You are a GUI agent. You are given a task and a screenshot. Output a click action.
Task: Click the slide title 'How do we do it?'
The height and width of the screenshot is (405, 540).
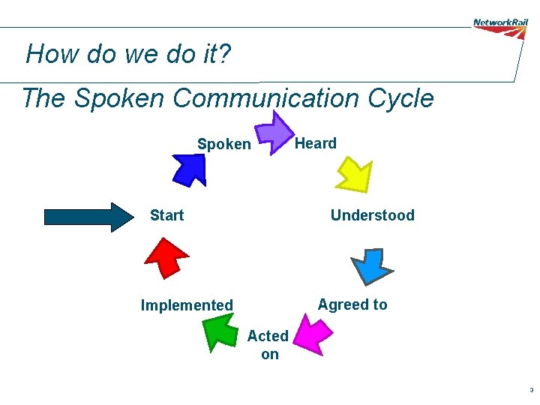point(129,54)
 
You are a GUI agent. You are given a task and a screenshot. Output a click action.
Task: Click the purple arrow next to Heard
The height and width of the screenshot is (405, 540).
point(277,134)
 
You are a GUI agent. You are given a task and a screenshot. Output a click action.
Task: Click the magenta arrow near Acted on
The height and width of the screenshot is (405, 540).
point(312,334)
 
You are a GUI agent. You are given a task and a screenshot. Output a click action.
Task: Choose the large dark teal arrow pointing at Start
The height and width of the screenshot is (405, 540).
point(88,217)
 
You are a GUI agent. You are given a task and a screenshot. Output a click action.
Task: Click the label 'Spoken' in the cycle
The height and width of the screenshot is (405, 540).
point(223,144)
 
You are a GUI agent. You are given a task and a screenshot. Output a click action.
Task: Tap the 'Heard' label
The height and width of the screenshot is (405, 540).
point(315,143)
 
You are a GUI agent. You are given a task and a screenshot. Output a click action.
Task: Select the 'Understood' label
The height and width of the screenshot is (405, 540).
point(372,215)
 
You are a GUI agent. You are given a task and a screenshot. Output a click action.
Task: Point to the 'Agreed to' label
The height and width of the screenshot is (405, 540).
point(352,304)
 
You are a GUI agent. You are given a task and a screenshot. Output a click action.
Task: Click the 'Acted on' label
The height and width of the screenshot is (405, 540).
point(268,345)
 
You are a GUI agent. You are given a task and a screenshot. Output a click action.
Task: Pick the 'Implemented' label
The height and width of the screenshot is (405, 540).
point(187,305)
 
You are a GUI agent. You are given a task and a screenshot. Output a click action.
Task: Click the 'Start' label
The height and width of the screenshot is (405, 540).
point(166,215)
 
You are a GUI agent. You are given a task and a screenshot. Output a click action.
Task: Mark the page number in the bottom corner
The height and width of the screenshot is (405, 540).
point(531,390)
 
